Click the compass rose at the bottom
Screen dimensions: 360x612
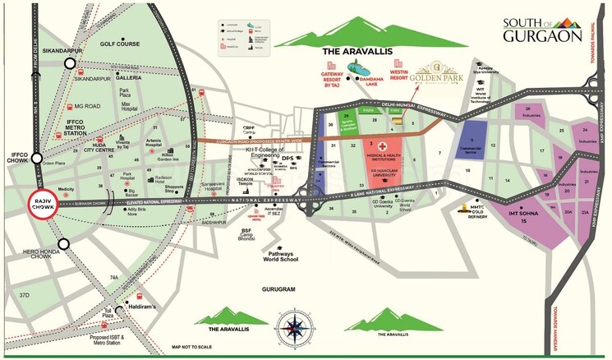292,325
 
